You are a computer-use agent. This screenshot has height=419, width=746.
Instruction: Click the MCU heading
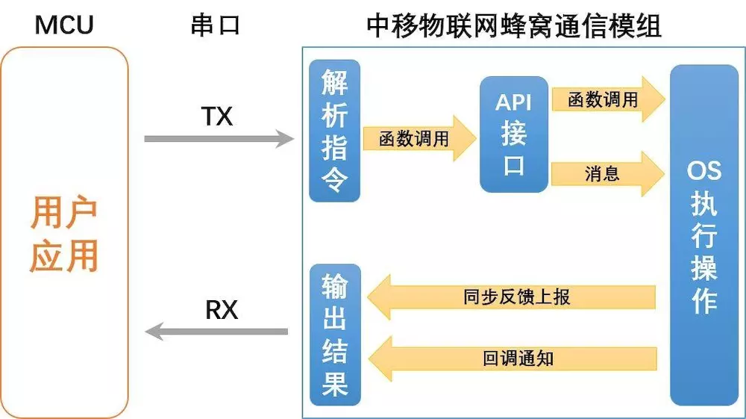click(x=64, y=25)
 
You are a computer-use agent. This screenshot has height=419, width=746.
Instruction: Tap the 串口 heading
click(x=215, y=25)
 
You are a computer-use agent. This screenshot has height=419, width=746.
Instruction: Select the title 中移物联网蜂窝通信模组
click(x=514, y=25)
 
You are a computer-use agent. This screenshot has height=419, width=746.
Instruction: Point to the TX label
click(x=217, y=117)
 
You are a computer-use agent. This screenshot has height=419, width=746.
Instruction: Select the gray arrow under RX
click(x=216, y=331)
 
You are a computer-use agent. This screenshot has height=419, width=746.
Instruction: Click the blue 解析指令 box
click(x=334, y=131)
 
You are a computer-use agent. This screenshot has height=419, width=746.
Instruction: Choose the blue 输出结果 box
click(x=334, y=334)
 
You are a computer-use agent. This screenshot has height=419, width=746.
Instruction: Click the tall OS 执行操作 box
click(x=703, y=235)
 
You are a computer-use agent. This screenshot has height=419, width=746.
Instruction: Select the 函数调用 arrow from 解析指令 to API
click(x=418, y=139)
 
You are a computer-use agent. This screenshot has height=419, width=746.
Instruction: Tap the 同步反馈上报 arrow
click(x=515, y=297)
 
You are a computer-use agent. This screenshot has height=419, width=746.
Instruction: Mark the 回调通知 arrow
click(x=515, y=359)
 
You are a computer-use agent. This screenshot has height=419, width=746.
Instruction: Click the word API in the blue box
click(x=513, y=102)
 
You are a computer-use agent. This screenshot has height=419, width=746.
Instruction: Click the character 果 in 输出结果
click(x=334, y=384)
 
